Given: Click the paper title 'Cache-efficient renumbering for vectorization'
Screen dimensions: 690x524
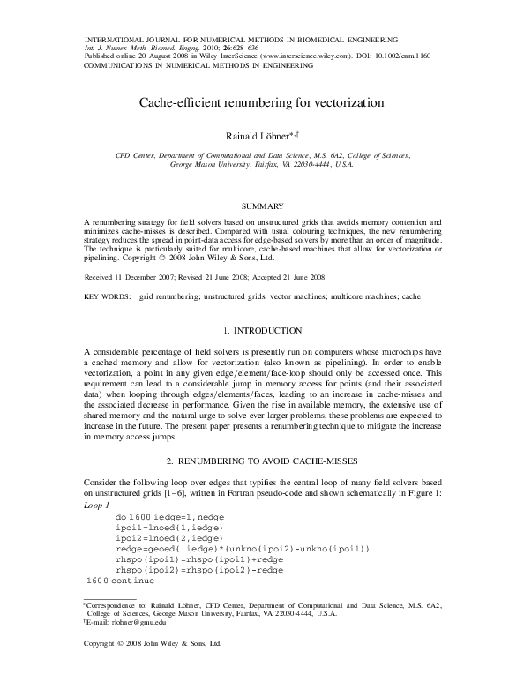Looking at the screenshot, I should (262, 102).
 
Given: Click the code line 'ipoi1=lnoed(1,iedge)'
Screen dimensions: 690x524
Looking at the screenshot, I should (168, 525).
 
